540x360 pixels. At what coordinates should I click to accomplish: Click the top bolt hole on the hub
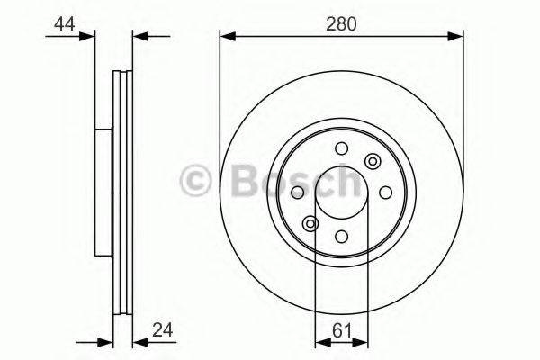341,149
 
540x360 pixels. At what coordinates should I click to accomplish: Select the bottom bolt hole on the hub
341,236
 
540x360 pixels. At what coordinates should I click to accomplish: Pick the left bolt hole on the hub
298,193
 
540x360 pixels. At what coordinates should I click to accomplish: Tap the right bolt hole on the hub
384,193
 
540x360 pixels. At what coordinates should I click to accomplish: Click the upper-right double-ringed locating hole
372,162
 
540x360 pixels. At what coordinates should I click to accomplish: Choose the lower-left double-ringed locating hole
310,223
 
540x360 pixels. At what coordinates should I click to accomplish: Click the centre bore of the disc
341,193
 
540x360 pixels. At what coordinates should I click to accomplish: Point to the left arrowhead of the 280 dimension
227,36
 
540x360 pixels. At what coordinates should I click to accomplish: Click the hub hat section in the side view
101,193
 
